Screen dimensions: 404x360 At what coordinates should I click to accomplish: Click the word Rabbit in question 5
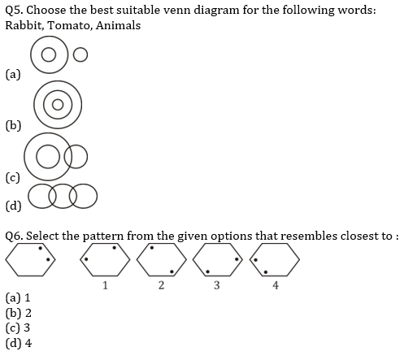point(24,26)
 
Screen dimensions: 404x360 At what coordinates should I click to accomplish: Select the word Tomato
point(69,26)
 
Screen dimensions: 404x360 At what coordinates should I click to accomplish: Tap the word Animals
point(119,25)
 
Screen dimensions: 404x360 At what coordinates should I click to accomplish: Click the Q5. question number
point(14,11)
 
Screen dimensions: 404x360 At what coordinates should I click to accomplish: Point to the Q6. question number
point(14,236)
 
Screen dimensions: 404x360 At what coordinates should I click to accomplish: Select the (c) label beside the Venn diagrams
point(13,178)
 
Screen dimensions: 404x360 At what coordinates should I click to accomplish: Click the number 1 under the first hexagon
point(105,285)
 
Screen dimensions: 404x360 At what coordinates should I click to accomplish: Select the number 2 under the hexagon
point(161,285)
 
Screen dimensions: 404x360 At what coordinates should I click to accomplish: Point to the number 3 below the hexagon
point(217,285)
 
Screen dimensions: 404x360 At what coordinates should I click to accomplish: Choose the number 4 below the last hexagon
point(276,285)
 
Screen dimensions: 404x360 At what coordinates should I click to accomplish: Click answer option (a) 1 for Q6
point(18,297)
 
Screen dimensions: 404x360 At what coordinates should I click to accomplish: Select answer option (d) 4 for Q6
point(19,343)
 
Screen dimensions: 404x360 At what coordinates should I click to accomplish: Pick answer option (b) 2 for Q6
point(19,313)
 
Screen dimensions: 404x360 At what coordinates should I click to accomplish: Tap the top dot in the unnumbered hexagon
point(41,248)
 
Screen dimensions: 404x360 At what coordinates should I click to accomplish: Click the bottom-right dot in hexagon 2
point(172,271)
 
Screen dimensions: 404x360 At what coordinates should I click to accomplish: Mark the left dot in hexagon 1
point(86,259)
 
